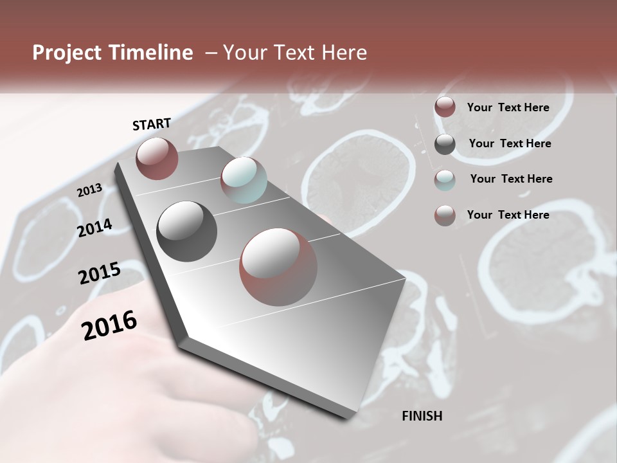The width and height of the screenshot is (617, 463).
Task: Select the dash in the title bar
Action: click(x=211, y=53)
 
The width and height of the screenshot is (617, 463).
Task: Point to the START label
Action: click(x=152, y=124)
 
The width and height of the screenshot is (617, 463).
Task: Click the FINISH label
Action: click(x=422, y=416)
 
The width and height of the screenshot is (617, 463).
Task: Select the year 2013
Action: click(x=89, y=190)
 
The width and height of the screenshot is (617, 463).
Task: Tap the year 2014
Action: click(x=94, y=228)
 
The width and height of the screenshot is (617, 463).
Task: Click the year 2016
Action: click(x=109, y=325)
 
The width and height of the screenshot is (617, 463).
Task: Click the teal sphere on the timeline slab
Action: click(x=244, y=180)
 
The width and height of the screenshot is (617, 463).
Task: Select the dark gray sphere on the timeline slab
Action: click(x=186, y=232)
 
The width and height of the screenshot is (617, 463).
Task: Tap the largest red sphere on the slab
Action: click(x=278, y=267)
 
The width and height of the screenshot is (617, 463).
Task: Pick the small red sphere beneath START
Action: click(x=157, y=158)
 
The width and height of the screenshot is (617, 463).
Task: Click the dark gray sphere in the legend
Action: click(x=445, y=144)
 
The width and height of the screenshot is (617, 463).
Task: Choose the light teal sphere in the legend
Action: click(x=445, y=180)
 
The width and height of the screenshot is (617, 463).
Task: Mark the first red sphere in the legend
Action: click(x=445, y=107)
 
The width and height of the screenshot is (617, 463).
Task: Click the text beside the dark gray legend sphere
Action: click(x=510, y=143)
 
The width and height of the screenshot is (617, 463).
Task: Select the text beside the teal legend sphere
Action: click(x=511, y=179)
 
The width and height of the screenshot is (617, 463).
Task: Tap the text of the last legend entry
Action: click(x=508, y=215)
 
